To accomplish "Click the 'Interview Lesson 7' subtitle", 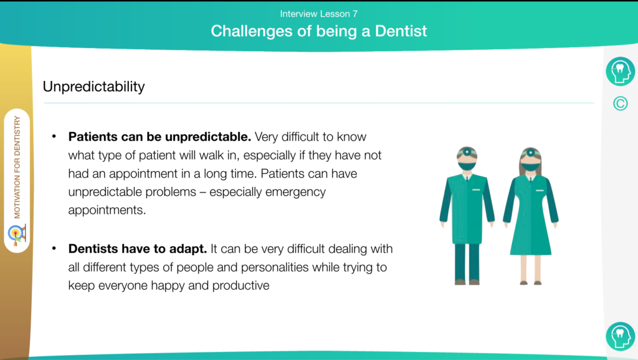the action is [318, 14].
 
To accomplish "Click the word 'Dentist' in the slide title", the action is [401, 31].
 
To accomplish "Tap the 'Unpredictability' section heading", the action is [93, 87].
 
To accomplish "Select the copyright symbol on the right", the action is [620, 104].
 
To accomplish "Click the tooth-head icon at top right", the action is [620, 71].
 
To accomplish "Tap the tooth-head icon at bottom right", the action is [620, 336].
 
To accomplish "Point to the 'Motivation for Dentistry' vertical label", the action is [17, 167].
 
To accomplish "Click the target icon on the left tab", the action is [17, 235].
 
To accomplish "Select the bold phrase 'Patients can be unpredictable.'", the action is [159, 136].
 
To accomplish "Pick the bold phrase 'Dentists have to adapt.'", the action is [138, 249].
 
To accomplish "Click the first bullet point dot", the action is [54, 136].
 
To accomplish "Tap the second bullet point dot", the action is [54, 248].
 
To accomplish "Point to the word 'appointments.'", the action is [107, 211].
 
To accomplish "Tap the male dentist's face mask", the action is [467, 166].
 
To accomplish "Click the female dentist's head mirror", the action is [531, 153].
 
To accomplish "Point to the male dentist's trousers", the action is [467, 262].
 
